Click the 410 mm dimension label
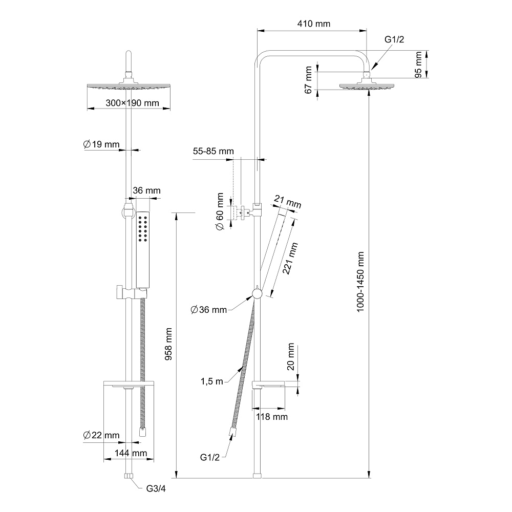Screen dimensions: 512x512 (313, 24)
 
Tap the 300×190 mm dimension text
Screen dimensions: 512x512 (132, 103)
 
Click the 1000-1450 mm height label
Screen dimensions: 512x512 (361, 282)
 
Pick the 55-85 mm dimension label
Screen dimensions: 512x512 (213, 152)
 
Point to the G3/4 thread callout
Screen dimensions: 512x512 (156, 489)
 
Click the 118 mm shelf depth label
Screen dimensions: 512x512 (271, 417)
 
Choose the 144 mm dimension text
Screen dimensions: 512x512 (131, 453)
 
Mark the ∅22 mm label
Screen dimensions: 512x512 (101, 435)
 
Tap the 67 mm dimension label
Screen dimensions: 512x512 (308, 79)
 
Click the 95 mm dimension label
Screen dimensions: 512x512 (418, 64)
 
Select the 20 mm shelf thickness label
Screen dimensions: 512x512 (291, 357)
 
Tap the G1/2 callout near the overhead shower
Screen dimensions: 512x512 (395, 40)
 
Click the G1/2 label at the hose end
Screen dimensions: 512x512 (210, 457)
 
